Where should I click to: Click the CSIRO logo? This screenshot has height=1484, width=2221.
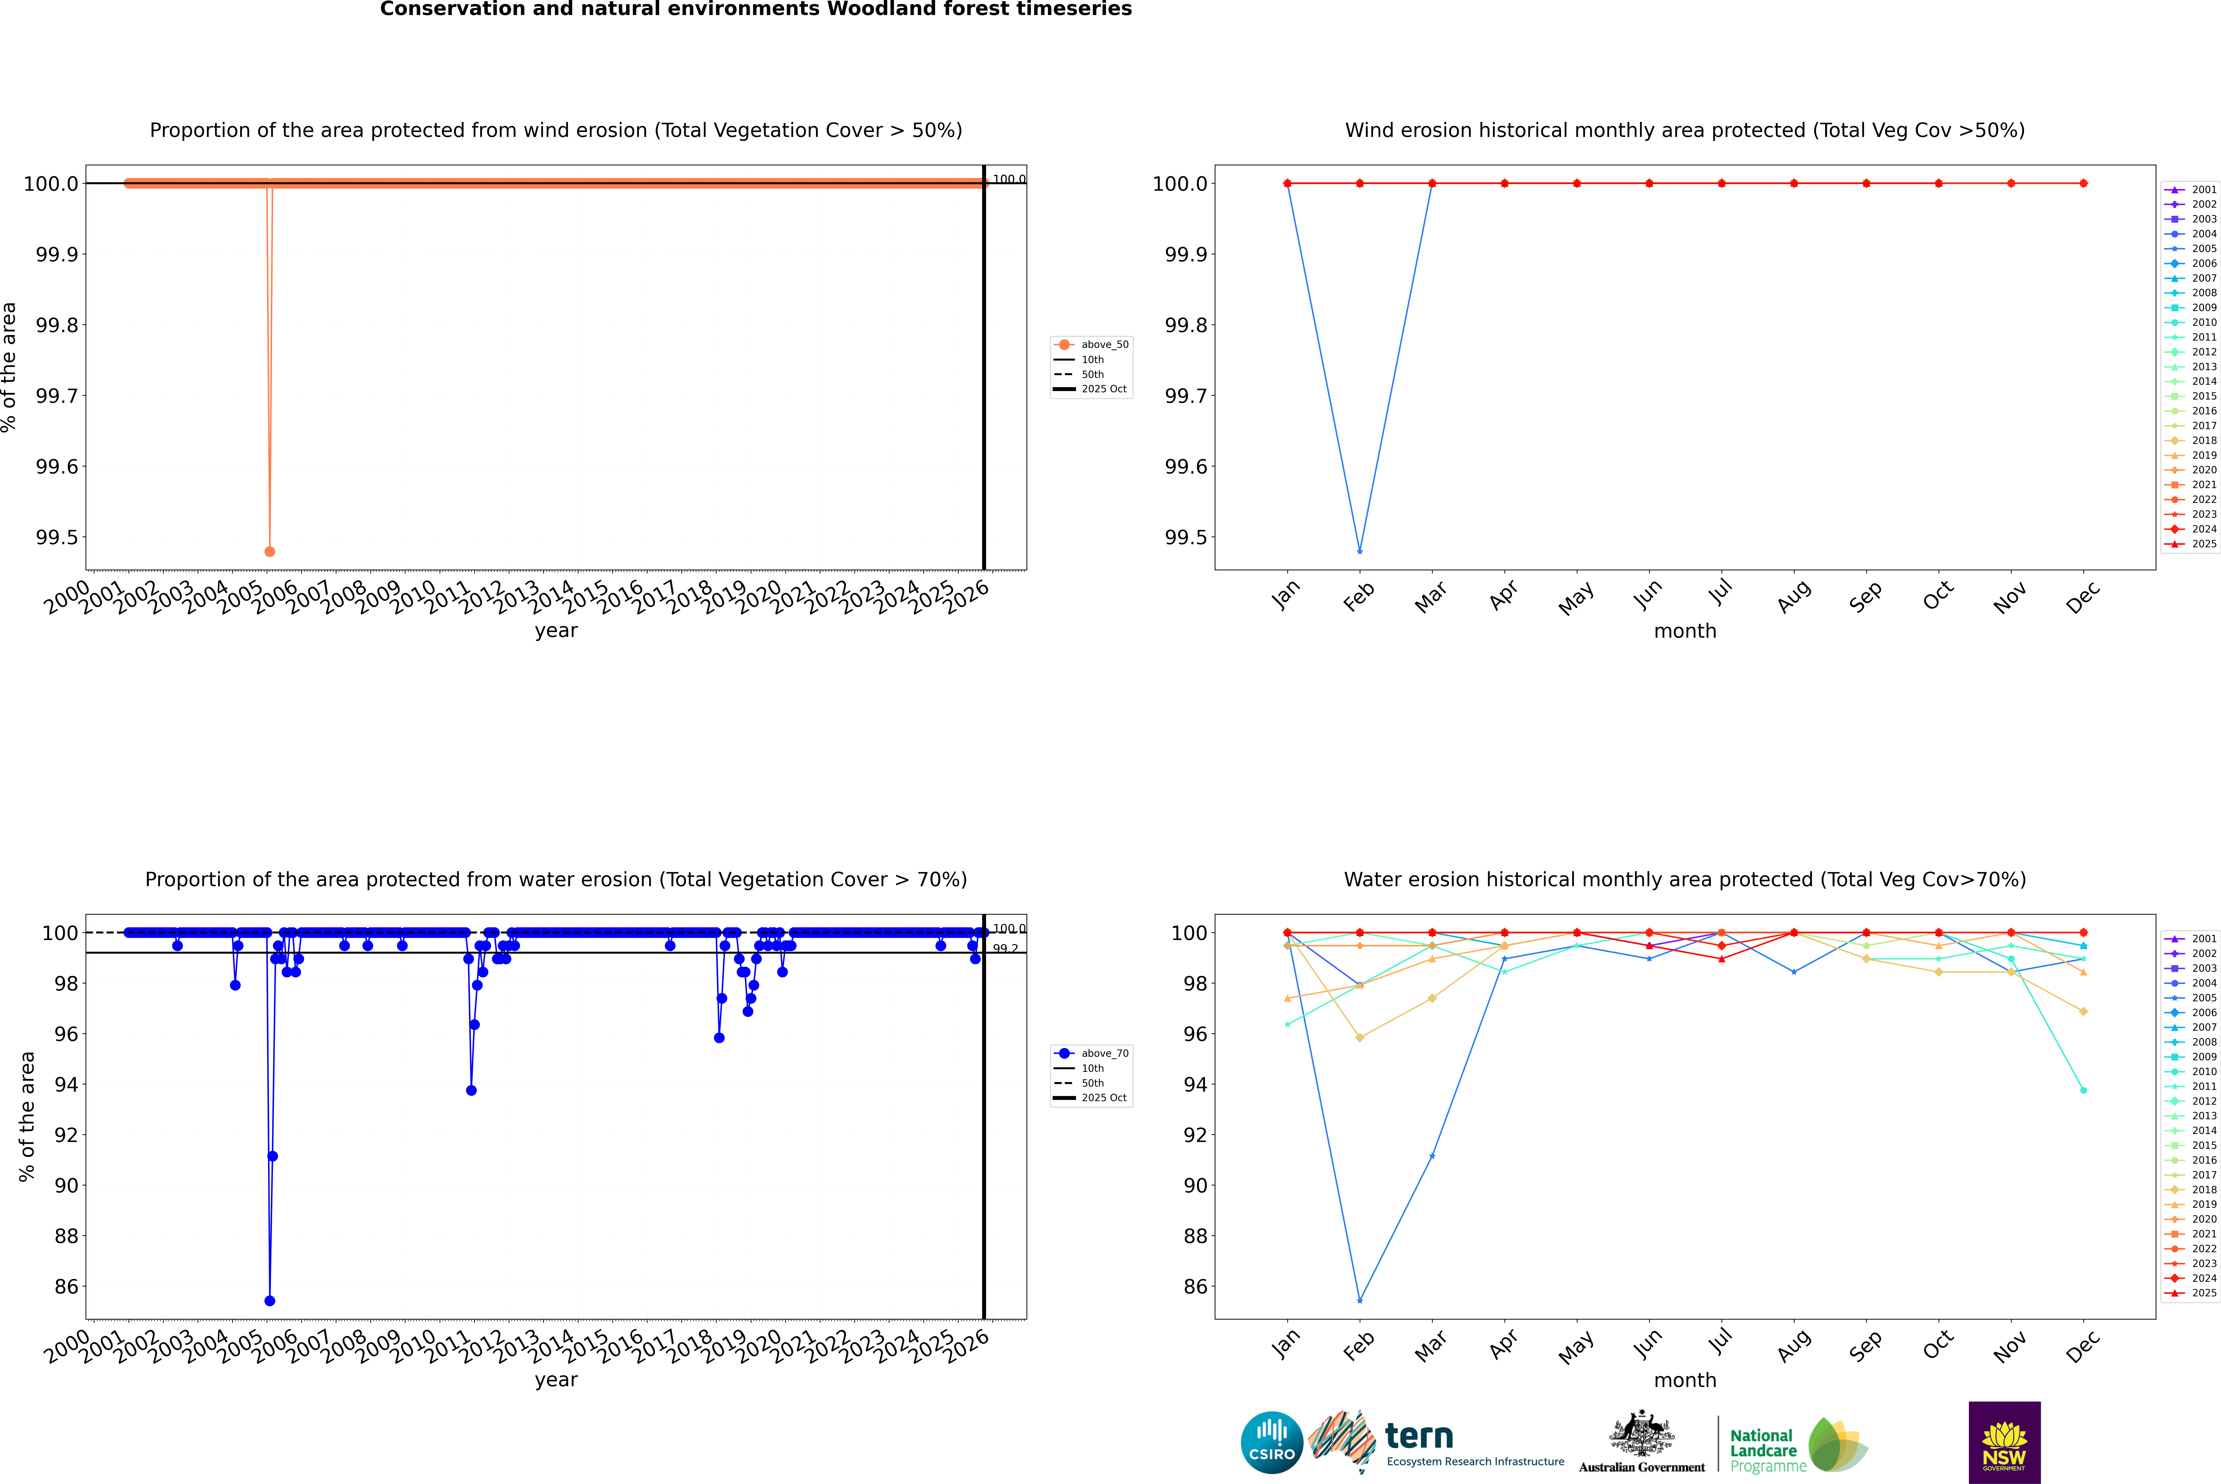[x=1272, y=1442]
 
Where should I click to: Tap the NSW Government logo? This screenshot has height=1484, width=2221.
[x=2004, y=1442]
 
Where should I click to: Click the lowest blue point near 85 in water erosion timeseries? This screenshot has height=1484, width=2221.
[x=270, y=1300]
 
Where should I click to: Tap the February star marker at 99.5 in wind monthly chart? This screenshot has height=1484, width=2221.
[x=1359, y=551]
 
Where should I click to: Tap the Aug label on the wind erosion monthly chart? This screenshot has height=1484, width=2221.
[x=1794, y=596]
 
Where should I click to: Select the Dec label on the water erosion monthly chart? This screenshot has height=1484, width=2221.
[x=2083, y=1346]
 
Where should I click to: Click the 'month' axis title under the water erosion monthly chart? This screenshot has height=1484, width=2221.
[x=1684, y=1380]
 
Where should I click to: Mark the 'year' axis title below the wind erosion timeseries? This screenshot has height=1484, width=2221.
[x=556, y=630]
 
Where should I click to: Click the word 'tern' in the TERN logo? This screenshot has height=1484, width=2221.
[x=1418, y=1436]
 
